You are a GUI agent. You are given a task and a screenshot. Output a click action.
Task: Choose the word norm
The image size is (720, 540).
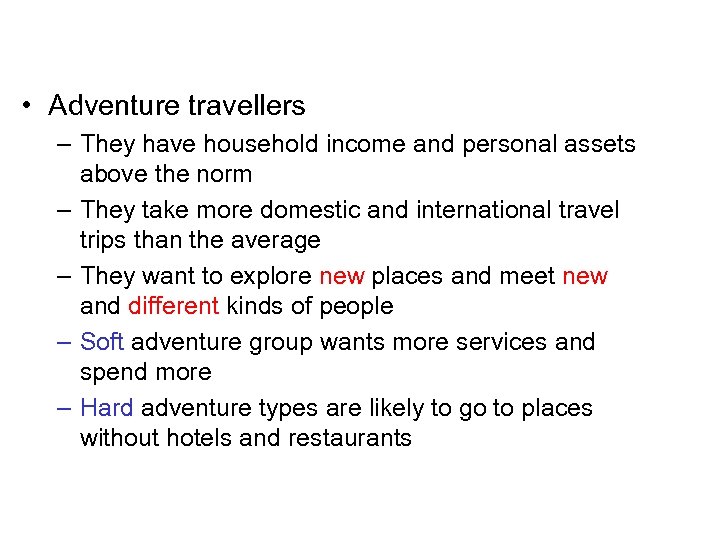(x=225, y=174)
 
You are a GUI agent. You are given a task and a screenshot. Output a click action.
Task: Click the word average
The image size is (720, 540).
(x=276, y=240)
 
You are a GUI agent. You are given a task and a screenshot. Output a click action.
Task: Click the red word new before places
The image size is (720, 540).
(x=341, y=276)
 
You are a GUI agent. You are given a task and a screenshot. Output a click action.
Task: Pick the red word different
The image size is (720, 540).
(x=173, y=306)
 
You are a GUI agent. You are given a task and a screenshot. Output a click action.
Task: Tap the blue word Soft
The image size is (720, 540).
(x=101, y=342)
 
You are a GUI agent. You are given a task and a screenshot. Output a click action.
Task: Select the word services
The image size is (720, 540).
(x=498, y=342)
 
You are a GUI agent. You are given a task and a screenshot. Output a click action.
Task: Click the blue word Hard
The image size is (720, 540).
(x=106, y=408)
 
